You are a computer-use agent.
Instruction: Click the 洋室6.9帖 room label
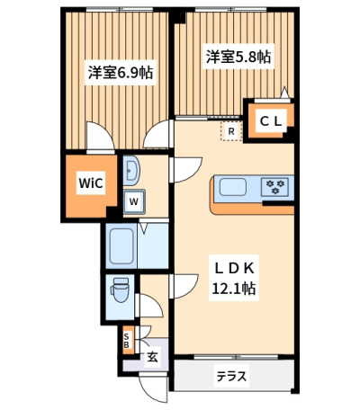121,73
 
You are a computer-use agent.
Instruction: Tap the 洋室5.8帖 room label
238,57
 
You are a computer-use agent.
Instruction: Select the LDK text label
234,269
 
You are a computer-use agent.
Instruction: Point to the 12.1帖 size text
234,289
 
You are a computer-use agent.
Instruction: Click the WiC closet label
91,183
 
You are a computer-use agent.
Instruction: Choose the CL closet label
271,121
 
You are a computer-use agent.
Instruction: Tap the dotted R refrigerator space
231,131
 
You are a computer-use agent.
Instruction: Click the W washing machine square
134,201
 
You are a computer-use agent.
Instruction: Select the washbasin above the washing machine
130,171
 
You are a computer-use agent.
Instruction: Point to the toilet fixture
120,290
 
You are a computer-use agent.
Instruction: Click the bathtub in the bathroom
121,246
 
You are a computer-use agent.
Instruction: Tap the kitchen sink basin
233,187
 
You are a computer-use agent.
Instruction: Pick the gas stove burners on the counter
275,187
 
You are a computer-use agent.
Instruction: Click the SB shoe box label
127,341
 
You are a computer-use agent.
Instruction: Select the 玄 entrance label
152,357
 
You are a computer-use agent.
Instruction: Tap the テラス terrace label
231,376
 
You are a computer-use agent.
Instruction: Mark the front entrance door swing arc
150,396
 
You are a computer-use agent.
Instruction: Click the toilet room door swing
156,301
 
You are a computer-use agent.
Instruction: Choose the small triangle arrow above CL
284,93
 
